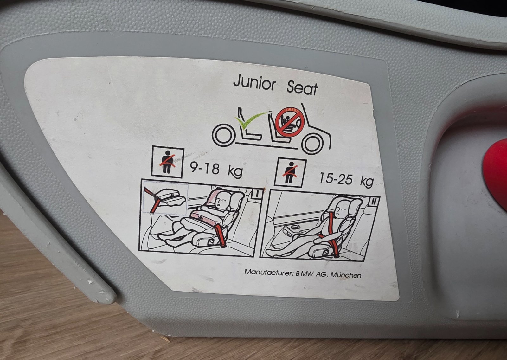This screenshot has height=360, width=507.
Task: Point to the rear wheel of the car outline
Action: (224, 135)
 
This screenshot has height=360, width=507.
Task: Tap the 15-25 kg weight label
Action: (346, 179)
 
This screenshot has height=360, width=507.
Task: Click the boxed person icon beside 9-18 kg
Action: (168, 162)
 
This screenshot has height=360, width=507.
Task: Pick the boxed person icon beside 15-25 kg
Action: (290, 172)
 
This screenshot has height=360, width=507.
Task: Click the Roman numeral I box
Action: (257, 194)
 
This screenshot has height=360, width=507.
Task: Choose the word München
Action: (346, 275)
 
